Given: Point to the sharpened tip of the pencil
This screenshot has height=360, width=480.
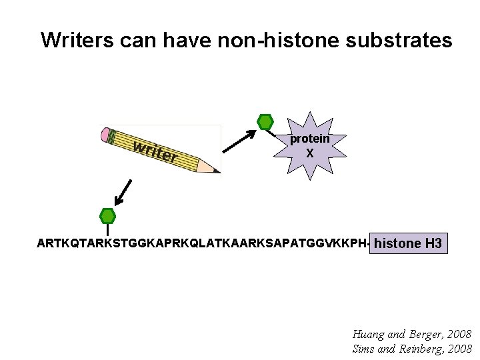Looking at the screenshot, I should click(x=216, y=171).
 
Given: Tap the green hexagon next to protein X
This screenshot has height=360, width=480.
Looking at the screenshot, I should click(x=265, y=122).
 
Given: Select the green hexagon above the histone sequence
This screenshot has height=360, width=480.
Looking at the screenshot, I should click(x=107, y=216).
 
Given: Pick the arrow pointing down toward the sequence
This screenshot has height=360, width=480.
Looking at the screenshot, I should click(x=123, y=192).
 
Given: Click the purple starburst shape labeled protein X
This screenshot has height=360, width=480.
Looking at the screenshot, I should click(x=309, y=146).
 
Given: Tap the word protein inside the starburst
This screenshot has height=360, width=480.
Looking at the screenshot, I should click(x=309, y=139).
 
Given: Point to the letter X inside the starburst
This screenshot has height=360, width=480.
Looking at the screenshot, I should click(x=309, y=153).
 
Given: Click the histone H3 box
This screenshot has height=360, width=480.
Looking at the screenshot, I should click(x=408, y=243).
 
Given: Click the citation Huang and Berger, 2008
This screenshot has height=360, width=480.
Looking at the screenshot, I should click(x=411, y=333).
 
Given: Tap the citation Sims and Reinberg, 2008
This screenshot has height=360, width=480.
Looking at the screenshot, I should click(x=411, y=348).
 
